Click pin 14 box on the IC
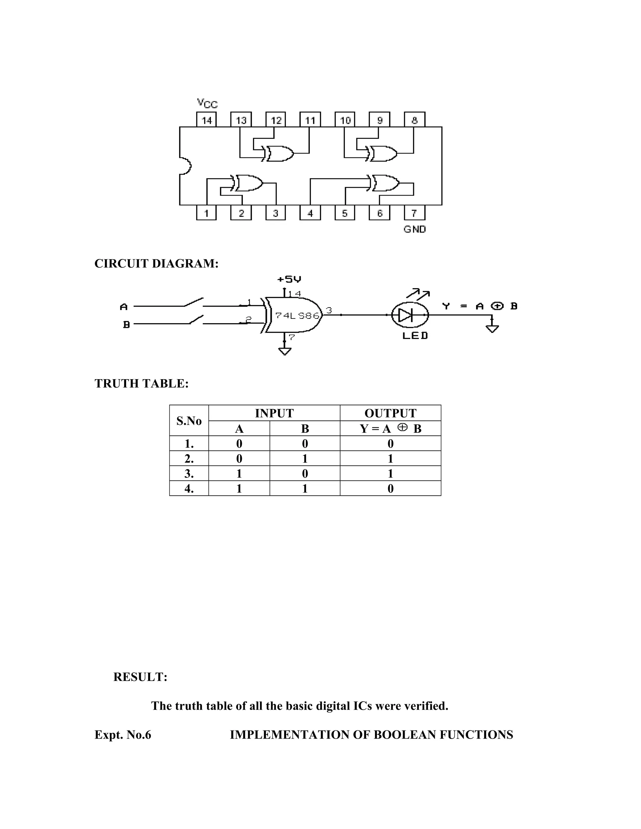click(206, 120)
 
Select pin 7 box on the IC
click(414, 213)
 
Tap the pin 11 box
click(310, 120)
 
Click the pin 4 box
click(310, 213)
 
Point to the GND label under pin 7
click(414, 229)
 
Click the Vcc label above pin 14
click(207, 103)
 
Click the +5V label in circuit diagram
click(289, 279)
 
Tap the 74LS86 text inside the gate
click(297, 315)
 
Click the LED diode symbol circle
click(410, 315)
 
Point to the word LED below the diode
click(415, 336)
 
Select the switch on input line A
click(194, 303)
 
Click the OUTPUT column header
click(390, 413)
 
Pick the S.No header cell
click(189, 420)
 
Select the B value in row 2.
click(305, 459)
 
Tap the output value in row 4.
click(390, 489)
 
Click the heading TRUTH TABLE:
click(141, 384)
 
